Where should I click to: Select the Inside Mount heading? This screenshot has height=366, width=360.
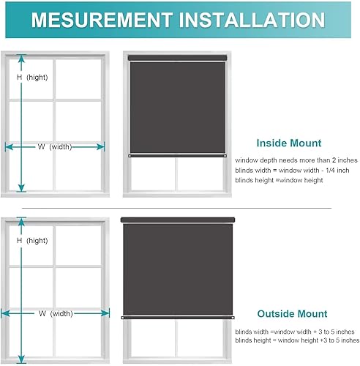288,143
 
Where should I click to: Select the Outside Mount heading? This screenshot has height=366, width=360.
291,314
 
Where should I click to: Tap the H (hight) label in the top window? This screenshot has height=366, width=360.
32,77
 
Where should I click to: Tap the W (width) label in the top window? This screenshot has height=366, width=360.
55,146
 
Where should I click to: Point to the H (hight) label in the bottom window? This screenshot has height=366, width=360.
32,241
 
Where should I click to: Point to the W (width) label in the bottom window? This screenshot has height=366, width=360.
55,313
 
